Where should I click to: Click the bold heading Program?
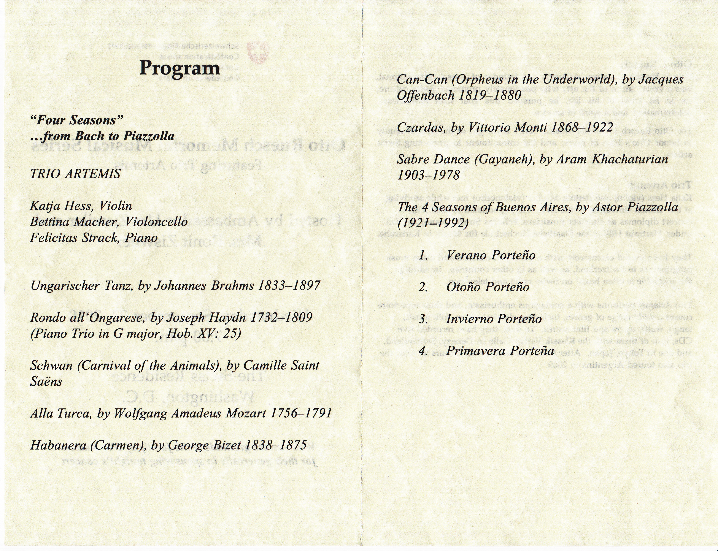(179, 68)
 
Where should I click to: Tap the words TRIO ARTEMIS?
(75, 174)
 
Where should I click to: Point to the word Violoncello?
(156, 222)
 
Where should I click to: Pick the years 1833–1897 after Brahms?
(289, 286)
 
